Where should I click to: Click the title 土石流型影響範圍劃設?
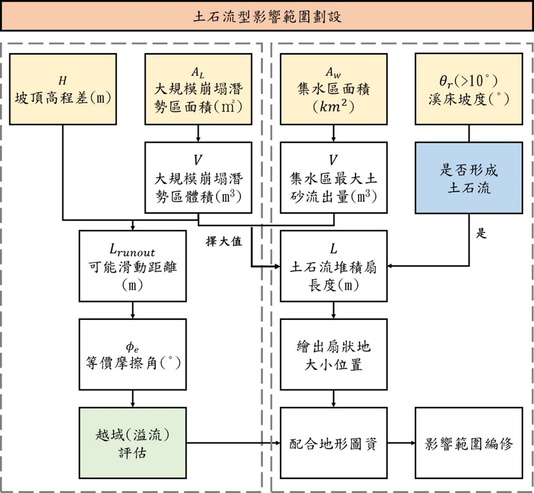[x=267, y=17]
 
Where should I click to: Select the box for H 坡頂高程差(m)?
[x=63, y=89]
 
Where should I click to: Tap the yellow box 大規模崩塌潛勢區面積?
[x=198, y=89]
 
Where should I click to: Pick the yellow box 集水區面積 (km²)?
[x=334, y=89]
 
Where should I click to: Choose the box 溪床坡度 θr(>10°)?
[x=469, y=89]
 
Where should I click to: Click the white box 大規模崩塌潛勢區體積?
[x=198, y=177]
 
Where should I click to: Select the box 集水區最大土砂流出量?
[x=334, y=177]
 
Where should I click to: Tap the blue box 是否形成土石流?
[x=469, y=178]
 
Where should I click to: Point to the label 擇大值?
[x=224, y=241]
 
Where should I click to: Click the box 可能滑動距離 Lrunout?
[x=132, y=266]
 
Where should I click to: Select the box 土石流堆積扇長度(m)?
[x=334, y=266]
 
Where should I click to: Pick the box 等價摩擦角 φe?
[x=132, y=354]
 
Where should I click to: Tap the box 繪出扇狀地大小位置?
[x=334, y=354]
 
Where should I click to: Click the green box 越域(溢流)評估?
[x=132, y=443]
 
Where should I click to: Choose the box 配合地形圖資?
[x=334, y=443]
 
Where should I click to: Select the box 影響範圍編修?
[x=469, y=443]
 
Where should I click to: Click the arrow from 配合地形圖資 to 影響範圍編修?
[x=401, y=443]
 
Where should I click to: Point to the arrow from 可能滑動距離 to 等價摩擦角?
[x=132, y=310]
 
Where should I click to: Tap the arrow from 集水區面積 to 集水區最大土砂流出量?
[x=334, y=133]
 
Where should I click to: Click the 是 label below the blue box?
[x=481, y=233]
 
